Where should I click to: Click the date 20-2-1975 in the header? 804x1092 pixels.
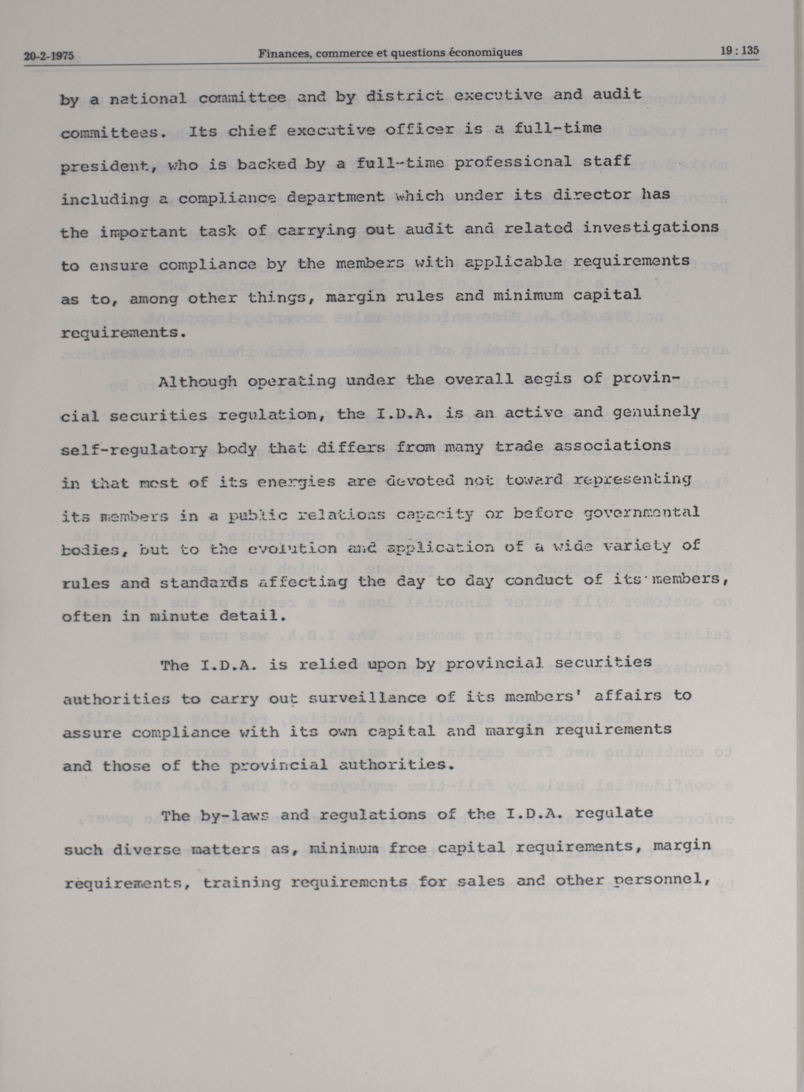pos(49,56)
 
